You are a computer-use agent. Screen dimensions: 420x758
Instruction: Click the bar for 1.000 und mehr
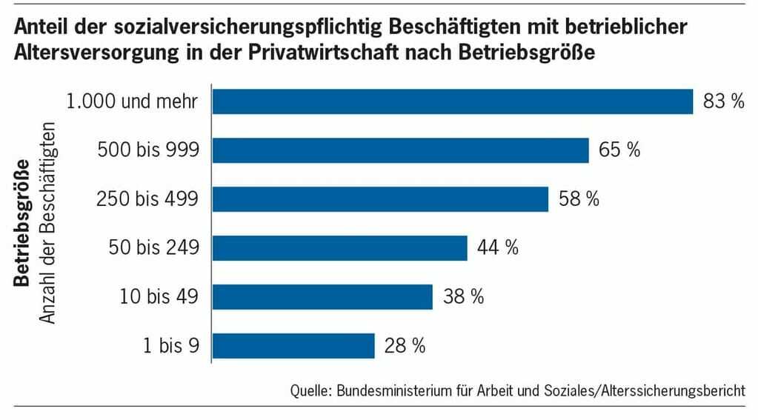click(453, 101)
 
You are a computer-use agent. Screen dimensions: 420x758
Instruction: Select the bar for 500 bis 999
click(401, 150)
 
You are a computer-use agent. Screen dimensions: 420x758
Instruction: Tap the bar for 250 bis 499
click(381, 199)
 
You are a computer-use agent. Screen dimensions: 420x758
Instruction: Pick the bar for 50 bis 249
click(340, 248)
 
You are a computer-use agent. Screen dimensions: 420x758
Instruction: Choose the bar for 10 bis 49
click(322, 297)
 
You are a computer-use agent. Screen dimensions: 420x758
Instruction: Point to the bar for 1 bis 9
click(293, 346)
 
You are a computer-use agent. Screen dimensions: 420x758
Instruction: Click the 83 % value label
click(723, 102)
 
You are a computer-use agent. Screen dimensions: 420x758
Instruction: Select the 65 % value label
click(619, 151)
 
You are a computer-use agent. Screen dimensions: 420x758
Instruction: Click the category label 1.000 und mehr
click(133, 102)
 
